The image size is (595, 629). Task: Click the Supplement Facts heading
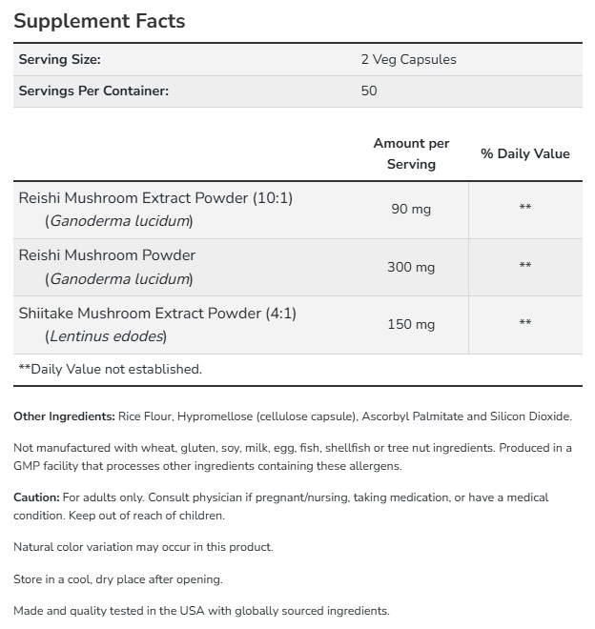[x=99, y=20]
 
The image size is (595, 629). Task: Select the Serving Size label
[x=59, y=59]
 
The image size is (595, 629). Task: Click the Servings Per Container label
[x=93, y=91]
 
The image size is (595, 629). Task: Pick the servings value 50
[x=369, y=91]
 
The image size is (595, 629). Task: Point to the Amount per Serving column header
[x=411, y=153]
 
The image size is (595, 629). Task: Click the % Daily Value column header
[x=524, y=153]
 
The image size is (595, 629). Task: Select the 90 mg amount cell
[x=411, y=209]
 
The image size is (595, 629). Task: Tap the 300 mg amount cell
[x=411, y=266]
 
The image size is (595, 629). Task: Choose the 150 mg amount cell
[x=411, y=324]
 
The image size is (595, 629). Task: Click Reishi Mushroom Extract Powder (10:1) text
[x=155, y=198]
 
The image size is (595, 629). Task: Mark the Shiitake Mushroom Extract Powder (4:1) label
[x=164, y=313]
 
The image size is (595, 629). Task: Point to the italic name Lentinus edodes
[x=107, y=335]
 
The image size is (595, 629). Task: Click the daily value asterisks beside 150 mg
[x=524, y=324]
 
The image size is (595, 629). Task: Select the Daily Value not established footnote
[x=111, y=369]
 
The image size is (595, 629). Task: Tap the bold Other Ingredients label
[x=63, y=416]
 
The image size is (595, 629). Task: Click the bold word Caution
[x=35, y=497]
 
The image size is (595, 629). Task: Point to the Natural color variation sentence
[x=143, y=547]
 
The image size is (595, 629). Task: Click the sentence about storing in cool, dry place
[x=117, y=579]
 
